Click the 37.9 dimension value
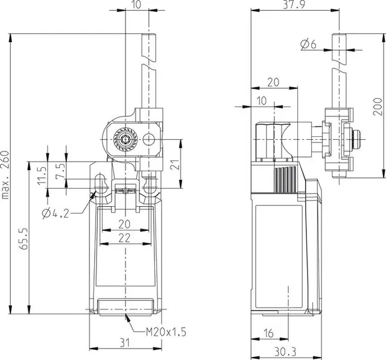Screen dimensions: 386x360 click(294, 5)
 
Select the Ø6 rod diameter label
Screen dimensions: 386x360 click(308, 44)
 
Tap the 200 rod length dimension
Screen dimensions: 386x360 click(377, 107)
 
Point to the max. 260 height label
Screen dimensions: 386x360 click(5, 175)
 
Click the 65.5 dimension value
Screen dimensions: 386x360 click(24, 239)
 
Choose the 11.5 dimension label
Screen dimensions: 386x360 click(42, 175)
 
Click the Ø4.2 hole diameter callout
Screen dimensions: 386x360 click(55, 213)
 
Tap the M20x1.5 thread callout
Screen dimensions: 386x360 click(166, 332)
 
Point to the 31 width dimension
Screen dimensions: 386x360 click(125, 343)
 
